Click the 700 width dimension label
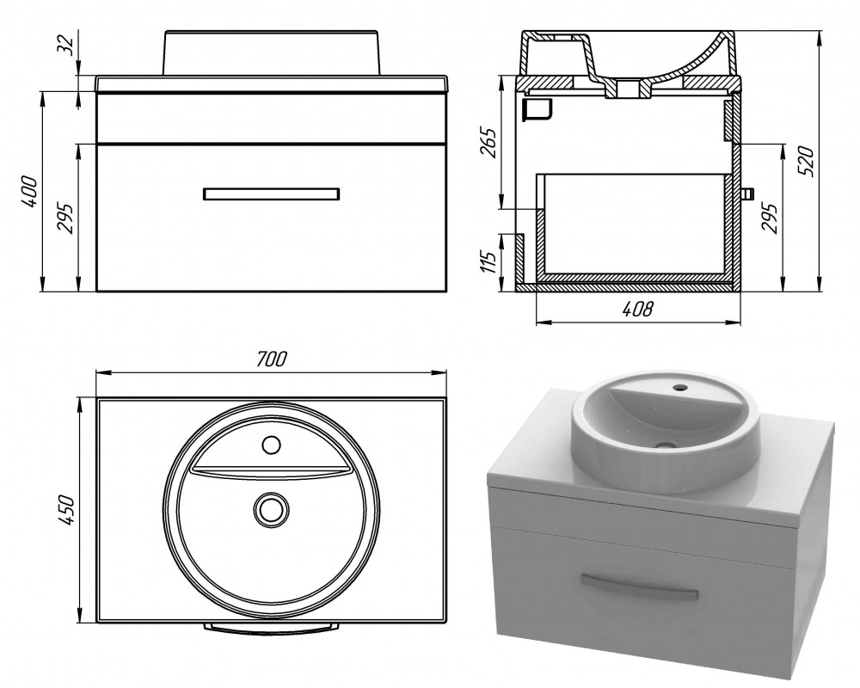272,359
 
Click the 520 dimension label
805,160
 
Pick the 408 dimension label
637,310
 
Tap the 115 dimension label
488,261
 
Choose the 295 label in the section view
771,219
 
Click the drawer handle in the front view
272,193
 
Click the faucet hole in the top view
271,445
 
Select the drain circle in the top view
272,508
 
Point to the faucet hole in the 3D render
680,388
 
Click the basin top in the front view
272,52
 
